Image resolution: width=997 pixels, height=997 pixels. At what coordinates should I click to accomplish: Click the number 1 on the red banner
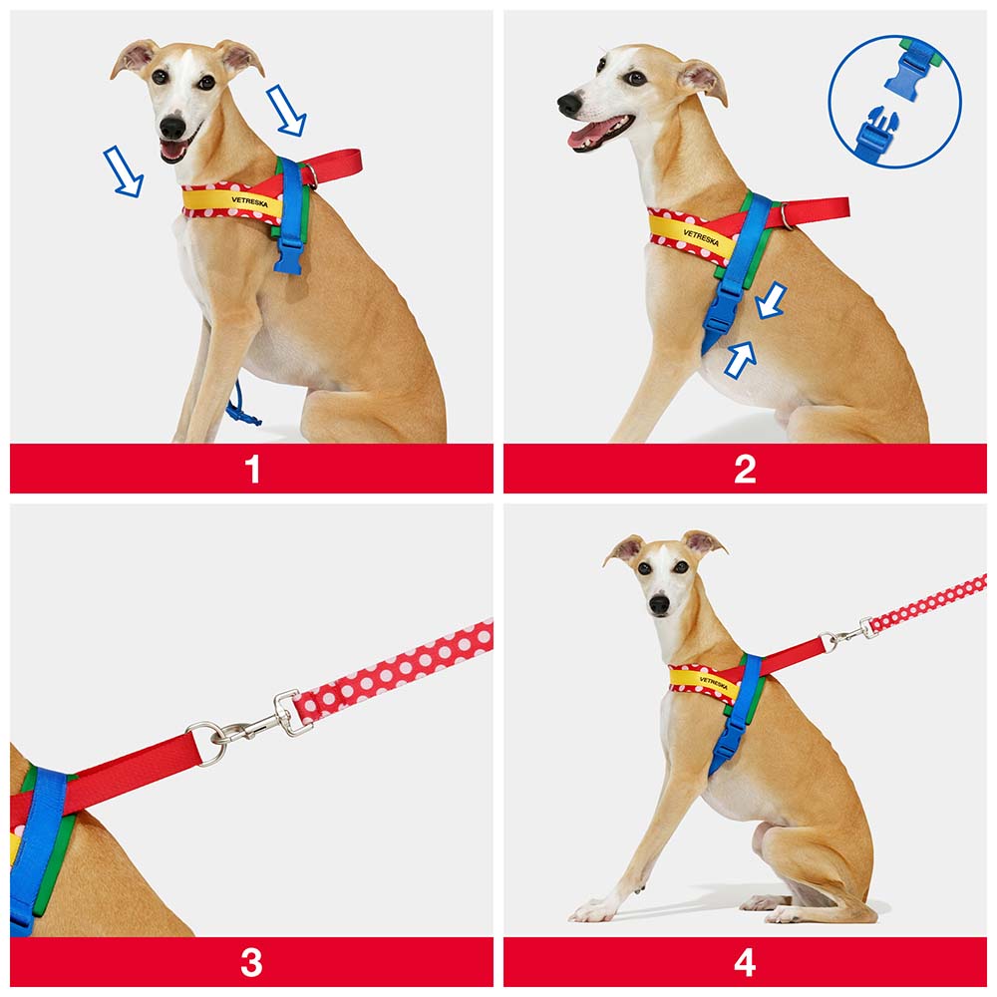point(252,470)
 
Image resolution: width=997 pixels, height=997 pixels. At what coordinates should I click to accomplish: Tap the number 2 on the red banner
point(745,470)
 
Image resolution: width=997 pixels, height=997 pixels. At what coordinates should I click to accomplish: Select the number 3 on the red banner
point(252,963)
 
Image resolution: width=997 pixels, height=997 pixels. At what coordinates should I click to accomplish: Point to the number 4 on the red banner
point(745,963)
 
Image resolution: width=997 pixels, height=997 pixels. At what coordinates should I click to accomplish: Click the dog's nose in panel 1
point(172,127)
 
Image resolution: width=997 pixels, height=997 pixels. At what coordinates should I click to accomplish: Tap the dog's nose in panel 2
point(569,104)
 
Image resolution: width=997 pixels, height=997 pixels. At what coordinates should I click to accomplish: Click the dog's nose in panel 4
point(659,603)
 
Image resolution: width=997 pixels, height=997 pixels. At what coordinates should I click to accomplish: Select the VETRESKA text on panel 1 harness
point(250,201)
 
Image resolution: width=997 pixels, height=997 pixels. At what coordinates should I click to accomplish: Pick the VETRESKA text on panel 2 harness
point(701,238)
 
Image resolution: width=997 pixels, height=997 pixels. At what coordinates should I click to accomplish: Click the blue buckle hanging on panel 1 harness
point(289,257)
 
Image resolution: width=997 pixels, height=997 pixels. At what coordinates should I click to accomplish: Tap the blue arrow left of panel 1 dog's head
point(124,171)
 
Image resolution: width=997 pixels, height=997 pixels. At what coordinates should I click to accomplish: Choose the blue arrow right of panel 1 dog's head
point(286,110)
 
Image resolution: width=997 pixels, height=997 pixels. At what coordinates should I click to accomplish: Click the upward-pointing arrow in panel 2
point(741,361)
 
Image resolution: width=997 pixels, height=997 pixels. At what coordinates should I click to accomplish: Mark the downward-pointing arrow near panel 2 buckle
point(772,300)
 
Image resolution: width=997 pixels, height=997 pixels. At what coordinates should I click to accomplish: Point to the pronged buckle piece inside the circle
point(876,133)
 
